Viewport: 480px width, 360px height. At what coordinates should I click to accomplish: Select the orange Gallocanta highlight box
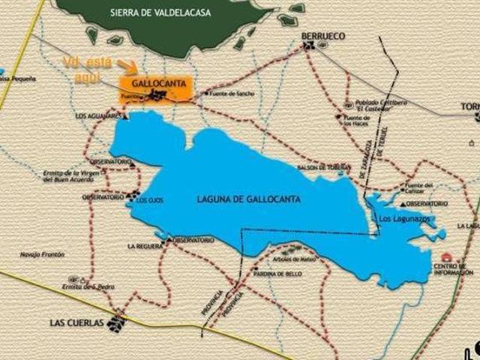(x=155, y=88)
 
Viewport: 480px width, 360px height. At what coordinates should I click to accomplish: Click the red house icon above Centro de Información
(x=447, y=257)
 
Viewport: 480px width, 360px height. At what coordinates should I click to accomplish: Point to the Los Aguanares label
(x=97, y=116)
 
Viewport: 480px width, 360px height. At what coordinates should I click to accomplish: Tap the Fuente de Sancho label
(x=233, y=93)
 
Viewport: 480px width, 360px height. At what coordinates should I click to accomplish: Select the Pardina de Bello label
(x=278, y=274)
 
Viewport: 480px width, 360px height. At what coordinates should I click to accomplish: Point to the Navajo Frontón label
(x=43, y=255)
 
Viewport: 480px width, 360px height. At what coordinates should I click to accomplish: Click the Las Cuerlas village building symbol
(x=115, y=323)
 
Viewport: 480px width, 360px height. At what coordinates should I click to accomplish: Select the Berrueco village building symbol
(x=309, y=46)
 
